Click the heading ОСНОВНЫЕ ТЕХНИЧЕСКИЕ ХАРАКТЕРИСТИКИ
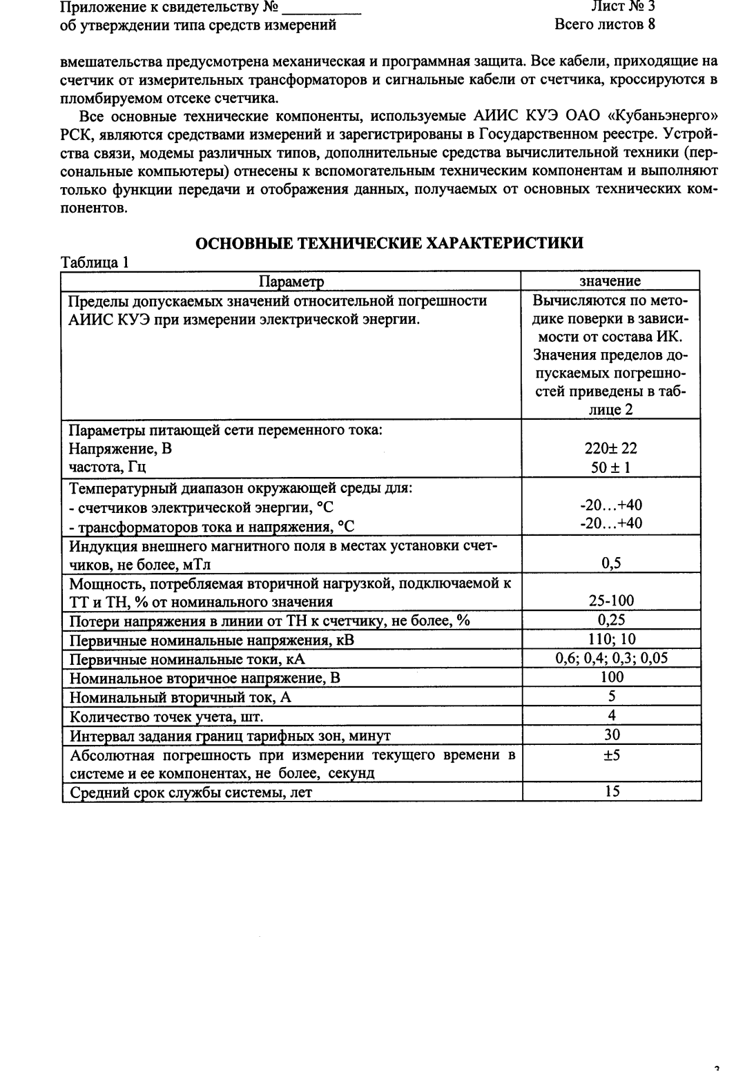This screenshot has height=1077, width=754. (x=389, y=243)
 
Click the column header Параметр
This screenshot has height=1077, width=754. (x=291, y=281)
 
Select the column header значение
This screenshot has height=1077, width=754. (x=610, y=281)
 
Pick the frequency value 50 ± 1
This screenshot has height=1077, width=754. (x=611, y=467)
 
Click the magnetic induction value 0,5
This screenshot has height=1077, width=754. (x=611, y=563)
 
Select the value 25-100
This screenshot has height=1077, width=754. (x=611, y=601)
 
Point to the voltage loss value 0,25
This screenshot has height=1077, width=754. (x=611, y=619)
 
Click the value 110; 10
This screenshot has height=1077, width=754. (x=611, y=639)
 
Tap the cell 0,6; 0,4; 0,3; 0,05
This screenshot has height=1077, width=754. (x=611, y=657)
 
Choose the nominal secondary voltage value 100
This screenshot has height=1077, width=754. (x=611, y=677)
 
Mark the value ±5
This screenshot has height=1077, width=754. (x=611, y=755)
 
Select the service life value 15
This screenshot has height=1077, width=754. (x=611, y=791)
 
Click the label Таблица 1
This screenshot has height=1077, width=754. (x=95, y=262)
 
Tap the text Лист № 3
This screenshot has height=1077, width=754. (x=623, y=8)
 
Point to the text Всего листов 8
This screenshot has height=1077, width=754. (x=604, y=26)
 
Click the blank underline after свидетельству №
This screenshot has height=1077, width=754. (x=322, y=10)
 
